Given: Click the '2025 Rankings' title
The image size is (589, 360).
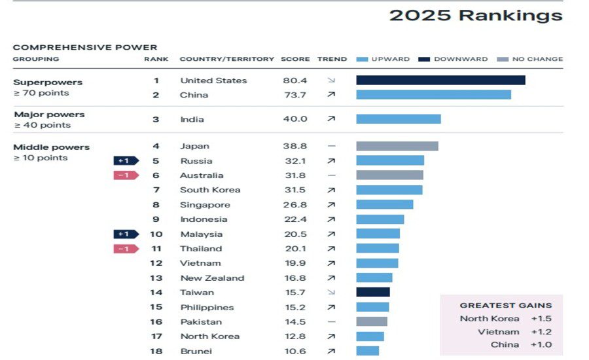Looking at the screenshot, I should point(475,15).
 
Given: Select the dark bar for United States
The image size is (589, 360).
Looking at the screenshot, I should point(440,80).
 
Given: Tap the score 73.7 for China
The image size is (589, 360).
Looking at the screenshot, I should point(294,95).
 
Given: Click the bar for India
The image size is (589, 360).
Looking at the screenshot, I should point(398,119).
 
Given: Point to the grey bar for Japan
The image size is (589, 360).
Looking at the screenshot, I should point(397,146).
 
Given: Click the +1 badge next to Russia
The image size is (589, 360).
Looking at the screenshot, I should point(126,161).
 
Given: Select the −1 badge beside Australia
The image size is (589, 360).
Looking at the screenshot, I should point(126,175).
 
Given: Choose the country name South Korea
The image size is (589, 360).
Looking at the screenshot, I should point(210,190).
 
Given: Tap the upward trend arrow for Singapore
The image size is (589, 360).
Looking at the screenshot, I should point(331,205).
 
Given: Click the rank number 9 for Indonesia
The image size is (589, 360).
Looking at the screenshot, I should point(156,219).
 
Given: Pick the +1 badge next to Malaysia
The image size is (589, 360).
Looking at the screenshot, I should point(126,234).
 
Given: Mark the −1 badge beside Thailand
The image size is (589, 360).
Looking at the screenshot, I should point(126,249).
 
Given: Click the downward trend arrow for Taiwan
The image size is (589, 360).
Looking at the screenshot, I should point(331,293).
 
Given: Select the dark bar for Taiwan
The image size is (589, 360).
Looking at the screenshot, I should point(372,293).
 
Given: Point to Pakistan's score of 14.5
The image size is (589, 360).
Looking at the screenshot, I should point(294,322).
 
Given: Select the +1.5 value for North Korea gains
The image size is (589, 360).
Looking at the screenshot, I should point(541,319).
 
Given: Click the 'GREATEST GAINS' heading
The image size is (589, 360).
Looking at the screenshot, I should point(505,305).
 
